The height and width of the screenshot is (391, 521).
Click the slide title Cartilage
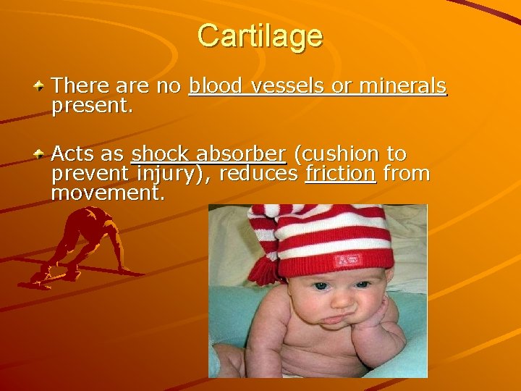click(x=260, y=35)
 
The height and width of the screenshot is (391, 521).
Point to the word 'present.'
click(x=93, y=106)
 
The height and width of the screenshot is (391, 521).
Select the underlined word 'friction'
click(x=341, y=175)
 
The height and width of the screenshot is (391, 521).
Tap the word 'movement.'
click(x=109, y=194)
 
